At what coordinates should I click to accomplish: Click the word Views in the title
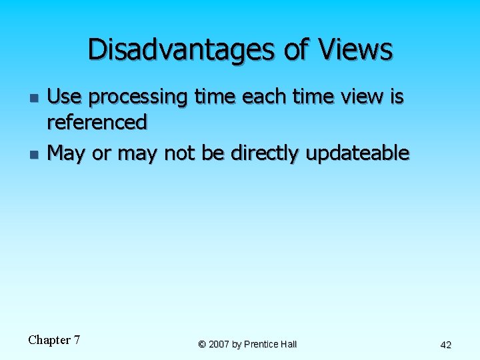(x=356, y=49)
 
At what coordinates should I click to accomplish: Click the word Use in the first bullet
(x=65, y=97)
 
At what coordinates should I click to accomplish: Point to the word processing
(x=138, y=99)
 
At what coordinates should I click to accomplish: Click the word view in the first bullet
(x=365, y=97)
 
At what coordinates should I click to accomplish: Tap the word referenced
(x=97, y=122)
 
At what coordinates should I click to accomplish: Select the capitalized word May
(x=67, y=154)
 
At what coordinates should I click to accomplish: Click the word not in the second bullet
(x=179, y=153)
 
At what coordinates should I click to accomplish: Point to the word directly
(x=265, y=154)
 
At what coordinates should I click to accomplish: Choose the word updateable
(x=358, y=154)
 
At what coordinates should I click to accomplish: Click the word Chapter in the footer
(x=49, y=340)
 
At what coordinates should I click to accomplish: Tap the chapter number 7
(x=77, y=340)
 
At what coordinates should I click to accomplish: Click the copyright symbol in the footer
(x=201, y=344)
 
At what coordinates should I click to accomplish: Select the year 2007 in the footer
(x=219, y=344)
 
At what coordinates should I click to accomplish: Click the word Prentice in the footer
(x=262, y=344)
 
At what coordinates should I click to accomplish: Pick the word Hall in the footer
(x=289, y=344)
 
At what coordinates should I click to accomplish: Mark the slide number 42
(x=446, y=345)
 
